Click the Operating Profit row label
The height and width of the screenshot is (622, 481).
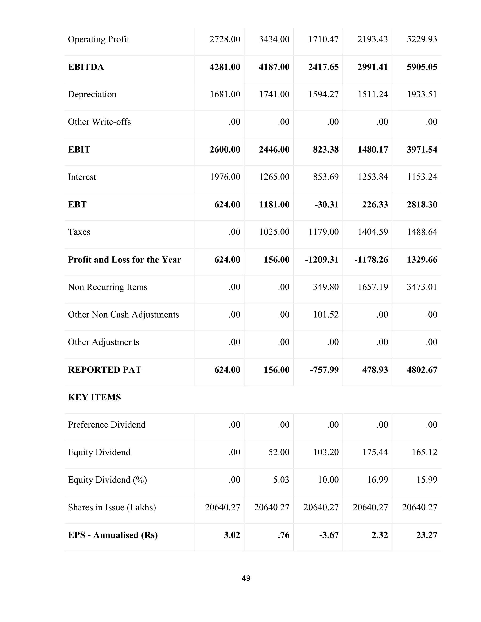[x=98, y=39]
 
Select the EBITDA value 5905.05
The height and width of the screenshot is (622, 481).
[x=422, y=67]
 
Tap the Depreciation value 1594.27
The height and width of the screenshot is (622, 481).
[x=323, y=94]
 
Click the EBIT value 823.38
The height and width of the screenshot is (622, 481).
[x=326, y=150]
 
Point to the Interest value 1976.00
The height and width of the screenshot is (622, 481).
[x=225, y=177]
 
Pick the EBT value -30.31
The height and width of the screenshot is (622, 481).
[x=326, y=204]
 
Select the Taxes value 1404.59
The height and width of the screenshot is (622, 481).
[x=373, y=232]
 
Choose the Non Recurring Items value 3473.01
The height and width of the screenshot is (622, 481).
[x=422, y=287]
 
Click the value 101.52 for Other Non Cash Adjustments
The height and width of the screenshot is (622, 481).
[x=326, y=315]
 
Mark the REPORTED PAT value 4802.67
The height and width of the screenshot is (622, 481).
[x=422, y=370]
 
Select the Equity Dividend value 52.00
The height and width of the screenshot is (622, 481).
[x=279, y=452]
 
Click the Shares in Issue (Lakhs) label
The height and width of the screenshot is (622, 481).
[x=112, y=507]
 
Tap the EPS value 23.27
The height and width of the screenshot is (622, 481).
[x=427, y=535]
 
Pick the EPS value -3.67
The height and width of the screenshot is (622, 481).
[x=329, y=535]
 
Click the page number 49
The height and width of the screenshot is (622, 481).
[x=246, y=578]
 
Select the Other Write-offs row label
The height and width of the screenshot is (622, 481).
[x=99, y=122]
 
